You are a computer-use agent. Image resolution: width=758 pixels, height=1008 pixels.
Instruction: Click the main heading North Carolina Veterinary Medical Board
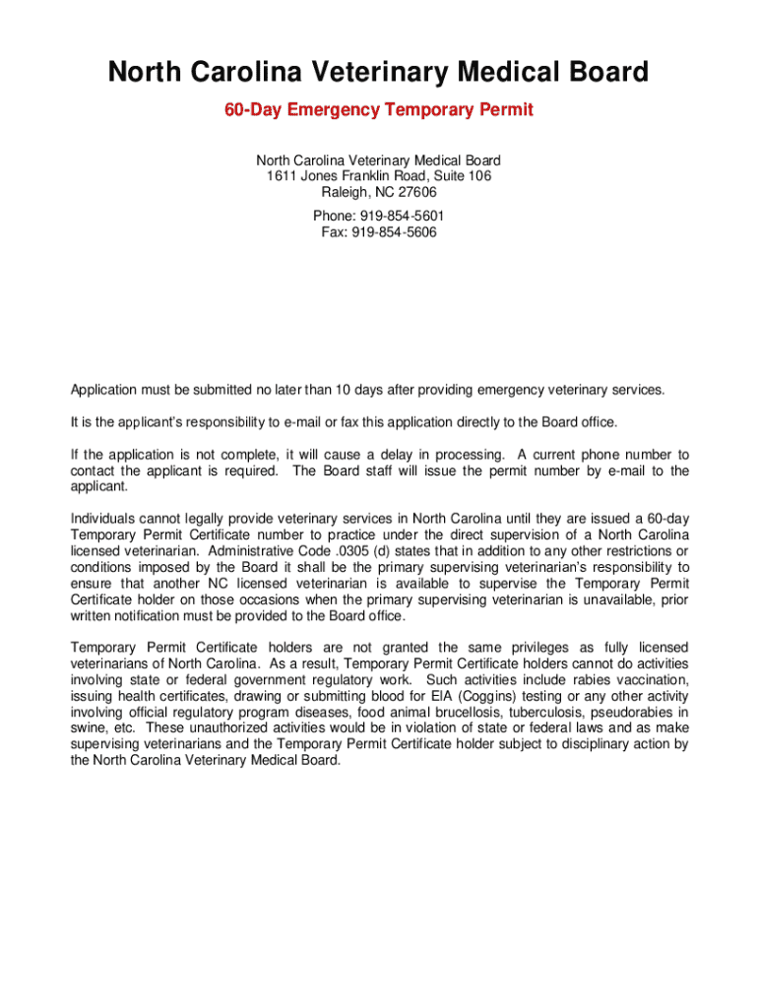(379, 72)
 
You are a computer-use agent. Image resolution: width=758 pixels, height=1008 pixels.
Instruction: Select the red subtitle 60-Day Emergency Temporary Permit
(379, 109)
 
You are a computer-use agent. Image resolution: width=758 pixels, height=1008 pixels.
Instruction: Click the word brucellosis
(462, 712)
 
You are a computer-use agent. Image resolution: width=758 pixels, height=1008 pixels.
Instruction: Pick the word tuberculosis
(544, 712)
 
